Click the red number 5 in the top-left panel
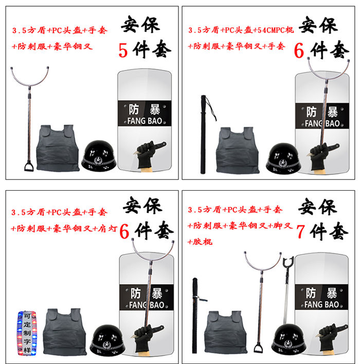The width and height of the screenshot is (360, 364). click(123, 50)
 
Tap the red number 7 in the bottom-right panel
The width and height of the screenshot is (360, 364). click(300, 232)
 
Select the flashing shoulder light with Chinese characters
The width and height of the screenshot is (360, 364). click(27, 333)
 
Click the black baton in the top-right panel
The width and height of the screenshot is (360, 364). click(204, 134)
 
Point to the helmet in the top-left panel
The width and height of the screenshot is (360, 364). click(99, 155)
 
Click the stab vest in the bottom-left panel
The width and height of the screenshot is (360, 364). click(64, 332)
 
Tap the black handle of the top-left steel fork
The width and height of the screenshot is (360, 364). click(29, 166)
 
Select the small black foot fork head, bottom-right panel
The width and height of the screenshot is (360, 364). click(288, 262)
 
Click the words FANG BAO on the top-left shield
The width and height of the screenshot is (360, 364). click(145, 121)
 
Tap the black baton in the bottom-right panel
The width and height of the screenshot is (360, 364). click(195, 315)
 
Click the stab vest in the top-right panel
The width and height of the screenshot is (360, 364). click(238, 150)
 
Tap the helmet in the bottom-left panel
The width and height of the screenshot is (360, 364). click(107, 340)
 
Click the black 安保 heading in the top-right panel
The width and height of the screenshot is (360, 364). click(318, 25)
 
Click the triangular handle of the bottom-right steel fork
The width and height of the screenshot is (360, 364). click(258, 348)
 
